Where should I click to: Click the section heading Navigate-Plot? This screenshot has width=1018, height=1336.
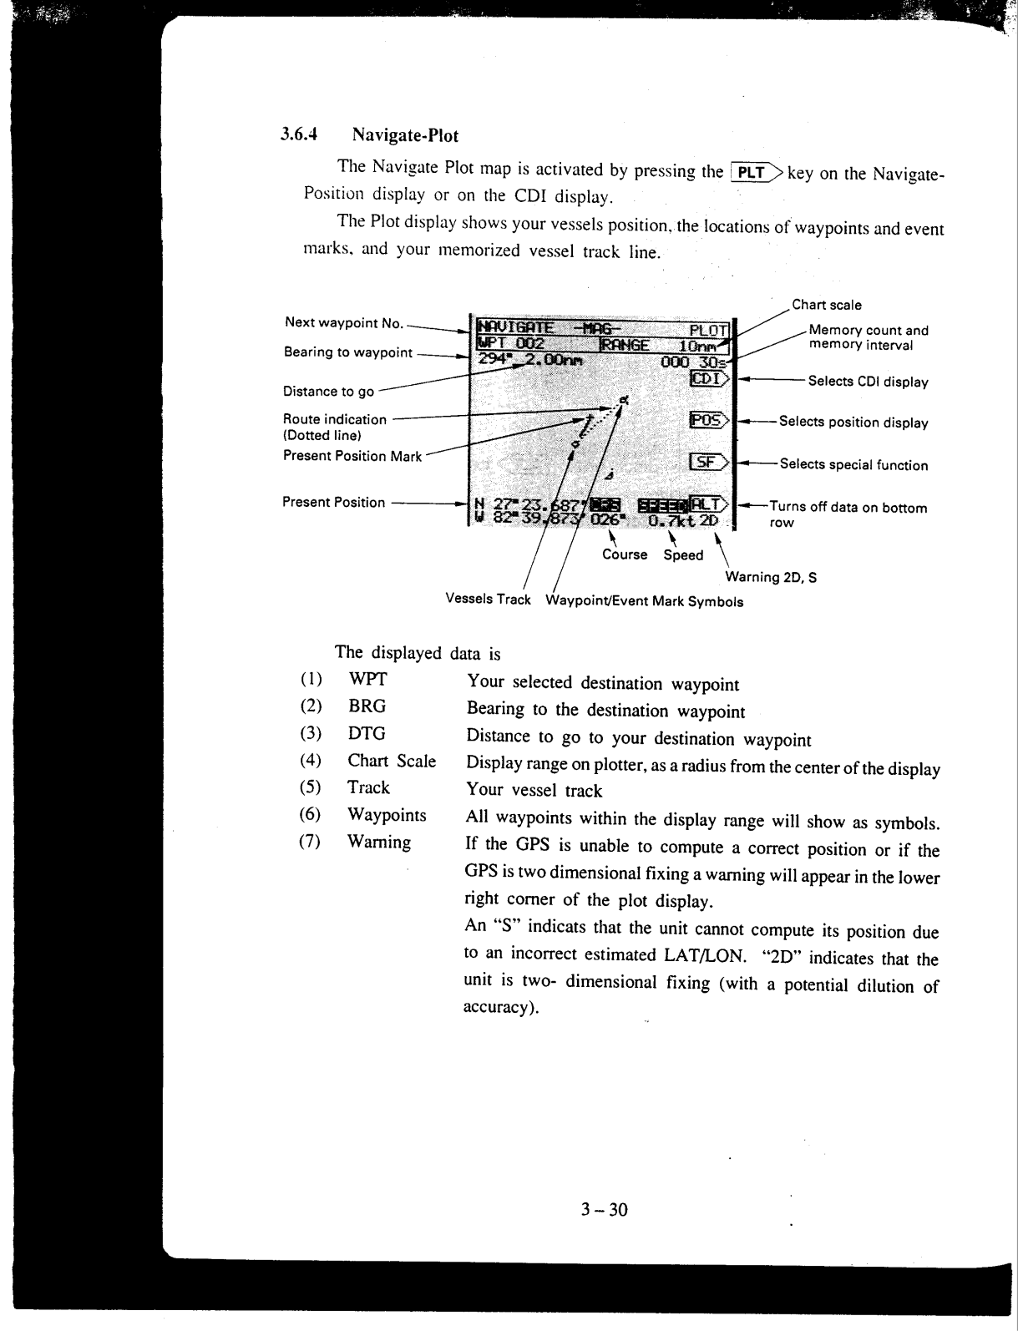pyautogui.click(x=405, y=134)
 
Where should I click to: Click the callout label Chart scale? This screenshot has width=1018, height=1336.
pyautogui.click(x=826, y=305)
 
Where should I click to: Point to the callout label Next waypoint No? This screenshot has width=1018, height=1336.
pyautogui.click(x=344, y=322)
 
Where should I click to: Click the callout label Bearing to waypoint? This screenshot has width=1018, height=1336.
pyautogui.click(x=348, y=352)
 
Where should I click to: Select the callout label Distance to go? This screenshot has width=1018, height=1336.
pyautogui.click(x=328, y=391)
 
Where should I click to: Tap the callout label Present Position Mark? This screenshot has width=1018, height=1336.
pyautogui.click(x=352, y=456)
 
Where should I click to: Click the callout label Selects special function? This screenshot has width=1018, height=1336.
pyautogui.click(x=853, y=465)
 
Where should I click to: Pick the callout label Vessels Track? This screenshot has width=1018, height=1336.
pyautogui.click(x=488, y=600)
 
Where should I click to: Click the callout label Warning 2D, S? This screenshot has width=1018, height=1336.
pyautogui.click(x=771, y=576)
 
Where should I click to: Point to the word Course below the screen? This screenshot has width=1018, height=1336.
pyautogui.click(x=625, y=554)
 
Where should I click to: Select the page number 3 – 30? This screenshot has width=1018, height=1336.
pyautogui.click(x=604, y=1209)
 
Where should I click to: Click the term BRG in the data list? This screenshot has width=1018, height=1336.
pyautogui.click(x=367, y=706)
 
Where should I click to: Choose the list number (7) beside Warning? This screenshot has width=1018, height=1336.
pyautogui.click(x=310, y=842)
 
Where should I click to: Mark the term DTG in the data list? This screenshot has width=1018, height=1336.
pyautogui.click(x=367, y=733)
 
